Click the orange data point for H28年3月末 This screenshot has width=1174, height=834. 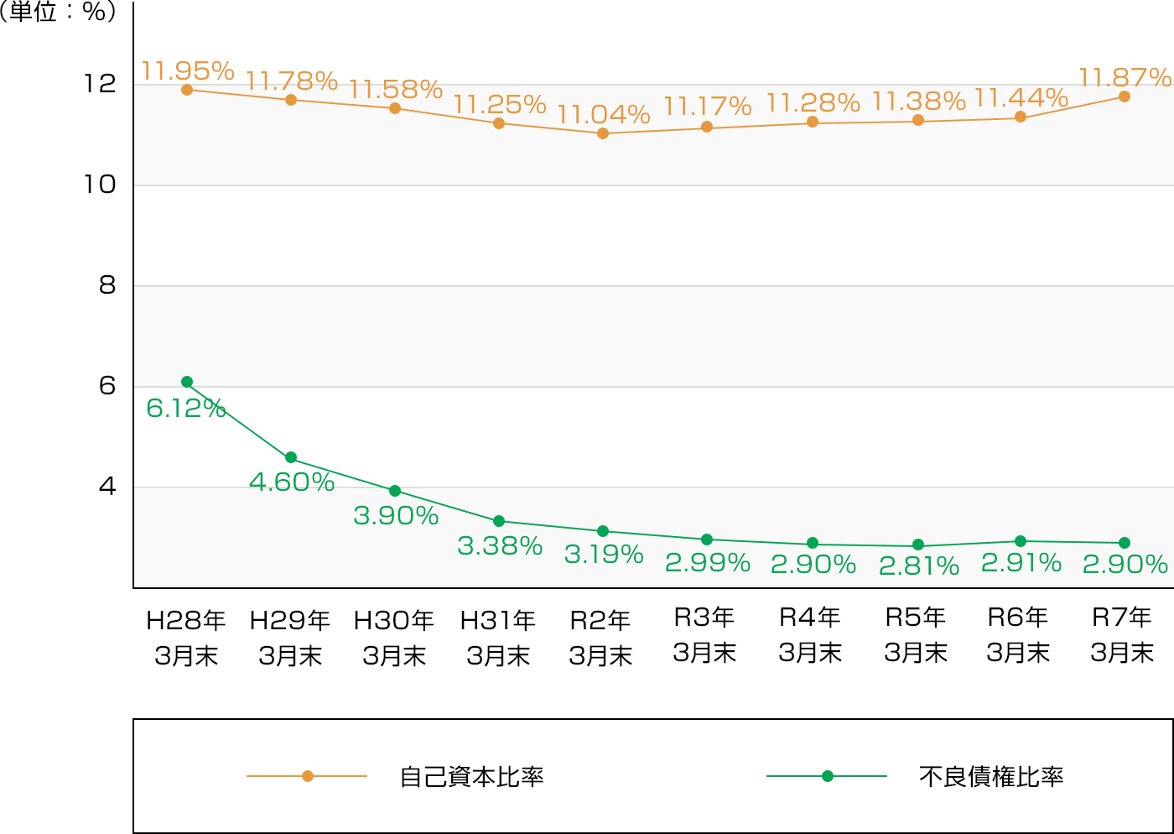tap(187, 90)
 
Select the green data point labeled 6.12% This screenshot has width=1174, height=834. tap(187, 382)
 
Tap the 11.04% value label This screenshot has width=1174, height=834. tap(603, 114)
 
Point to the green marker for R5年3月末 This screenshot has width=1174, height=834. tap(918, 545)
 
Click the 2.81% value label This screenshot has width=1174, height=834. tap(918, 566)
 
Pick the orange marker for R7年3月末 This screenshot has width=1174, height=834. tap(1125, 96)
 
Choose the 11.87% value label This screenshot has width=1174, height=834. tap(1124, 78)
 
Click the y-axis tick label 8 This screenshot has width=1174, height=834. tap(106, 285)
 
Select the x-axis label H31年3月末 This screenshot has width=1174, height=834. tap(498, 638)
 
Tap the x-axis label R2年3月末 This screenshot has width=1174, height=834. tap(600, 638)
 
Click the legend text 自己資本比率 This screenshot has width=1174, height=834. tap(471, 777)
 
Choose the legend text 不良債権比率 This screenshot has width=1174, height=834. tap(990, 777)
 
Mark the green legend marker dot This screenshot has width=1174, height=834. tap(828, 776)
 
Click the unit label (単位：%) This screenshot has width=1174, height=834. tap(59, 13)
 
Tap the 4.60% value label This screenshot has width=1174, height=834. tap(292, 482)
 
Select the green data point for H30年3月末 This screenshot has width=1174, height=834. tap(395, 491)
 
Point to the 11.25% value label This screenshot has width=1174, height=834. tap(500, 105)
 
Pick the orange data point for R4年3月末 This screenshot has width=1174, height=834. tap(813, 122)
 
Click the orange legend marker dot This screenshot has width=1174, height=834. tap(308, 776)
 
